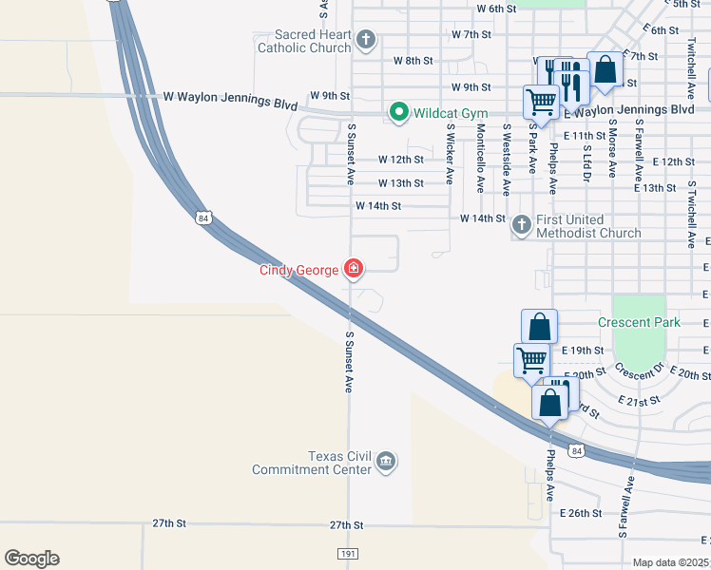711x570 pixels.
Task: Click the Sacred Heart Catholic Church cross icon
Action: tap(366, 41)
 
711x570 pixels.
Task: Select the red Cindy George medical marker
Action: tap(354, 271)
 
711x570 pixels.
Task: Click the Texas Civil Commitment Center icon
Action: tap(385, 462)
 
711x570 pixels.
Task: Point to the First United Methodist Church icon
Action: tap(521, 225)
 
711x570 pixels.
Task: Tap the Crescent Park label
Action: tap(639, 322)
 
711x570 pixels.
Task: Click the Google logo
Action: tap(31, 559)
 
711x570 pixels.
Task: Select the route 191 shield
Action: tap(348, 553)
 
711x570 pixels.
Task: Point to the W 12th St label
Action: tap(400, 160)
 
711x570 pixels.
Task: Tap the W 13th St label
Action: tap(400, 182)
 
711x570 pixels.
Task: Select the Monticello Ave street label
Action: tap(481, 159)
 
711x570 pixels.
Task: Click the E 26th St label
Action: tap(583, 513)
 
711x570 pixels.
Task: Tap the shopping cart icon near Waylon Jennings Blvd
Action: tap(541, 101)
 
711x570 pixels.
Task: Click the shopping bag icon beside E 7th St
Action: tap(605, 69)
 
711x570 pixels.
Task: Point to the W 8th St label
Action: tap(413, 61)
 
